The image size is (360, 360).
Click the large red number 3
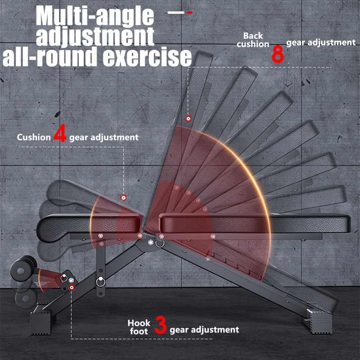(x=161, y=325)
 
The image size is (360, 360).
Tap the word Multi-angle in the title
(x=94, y=17)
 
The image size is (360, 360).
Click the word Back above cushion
(x=253, y=36)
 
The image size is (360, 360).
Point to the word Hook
(x=139, y=323)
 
